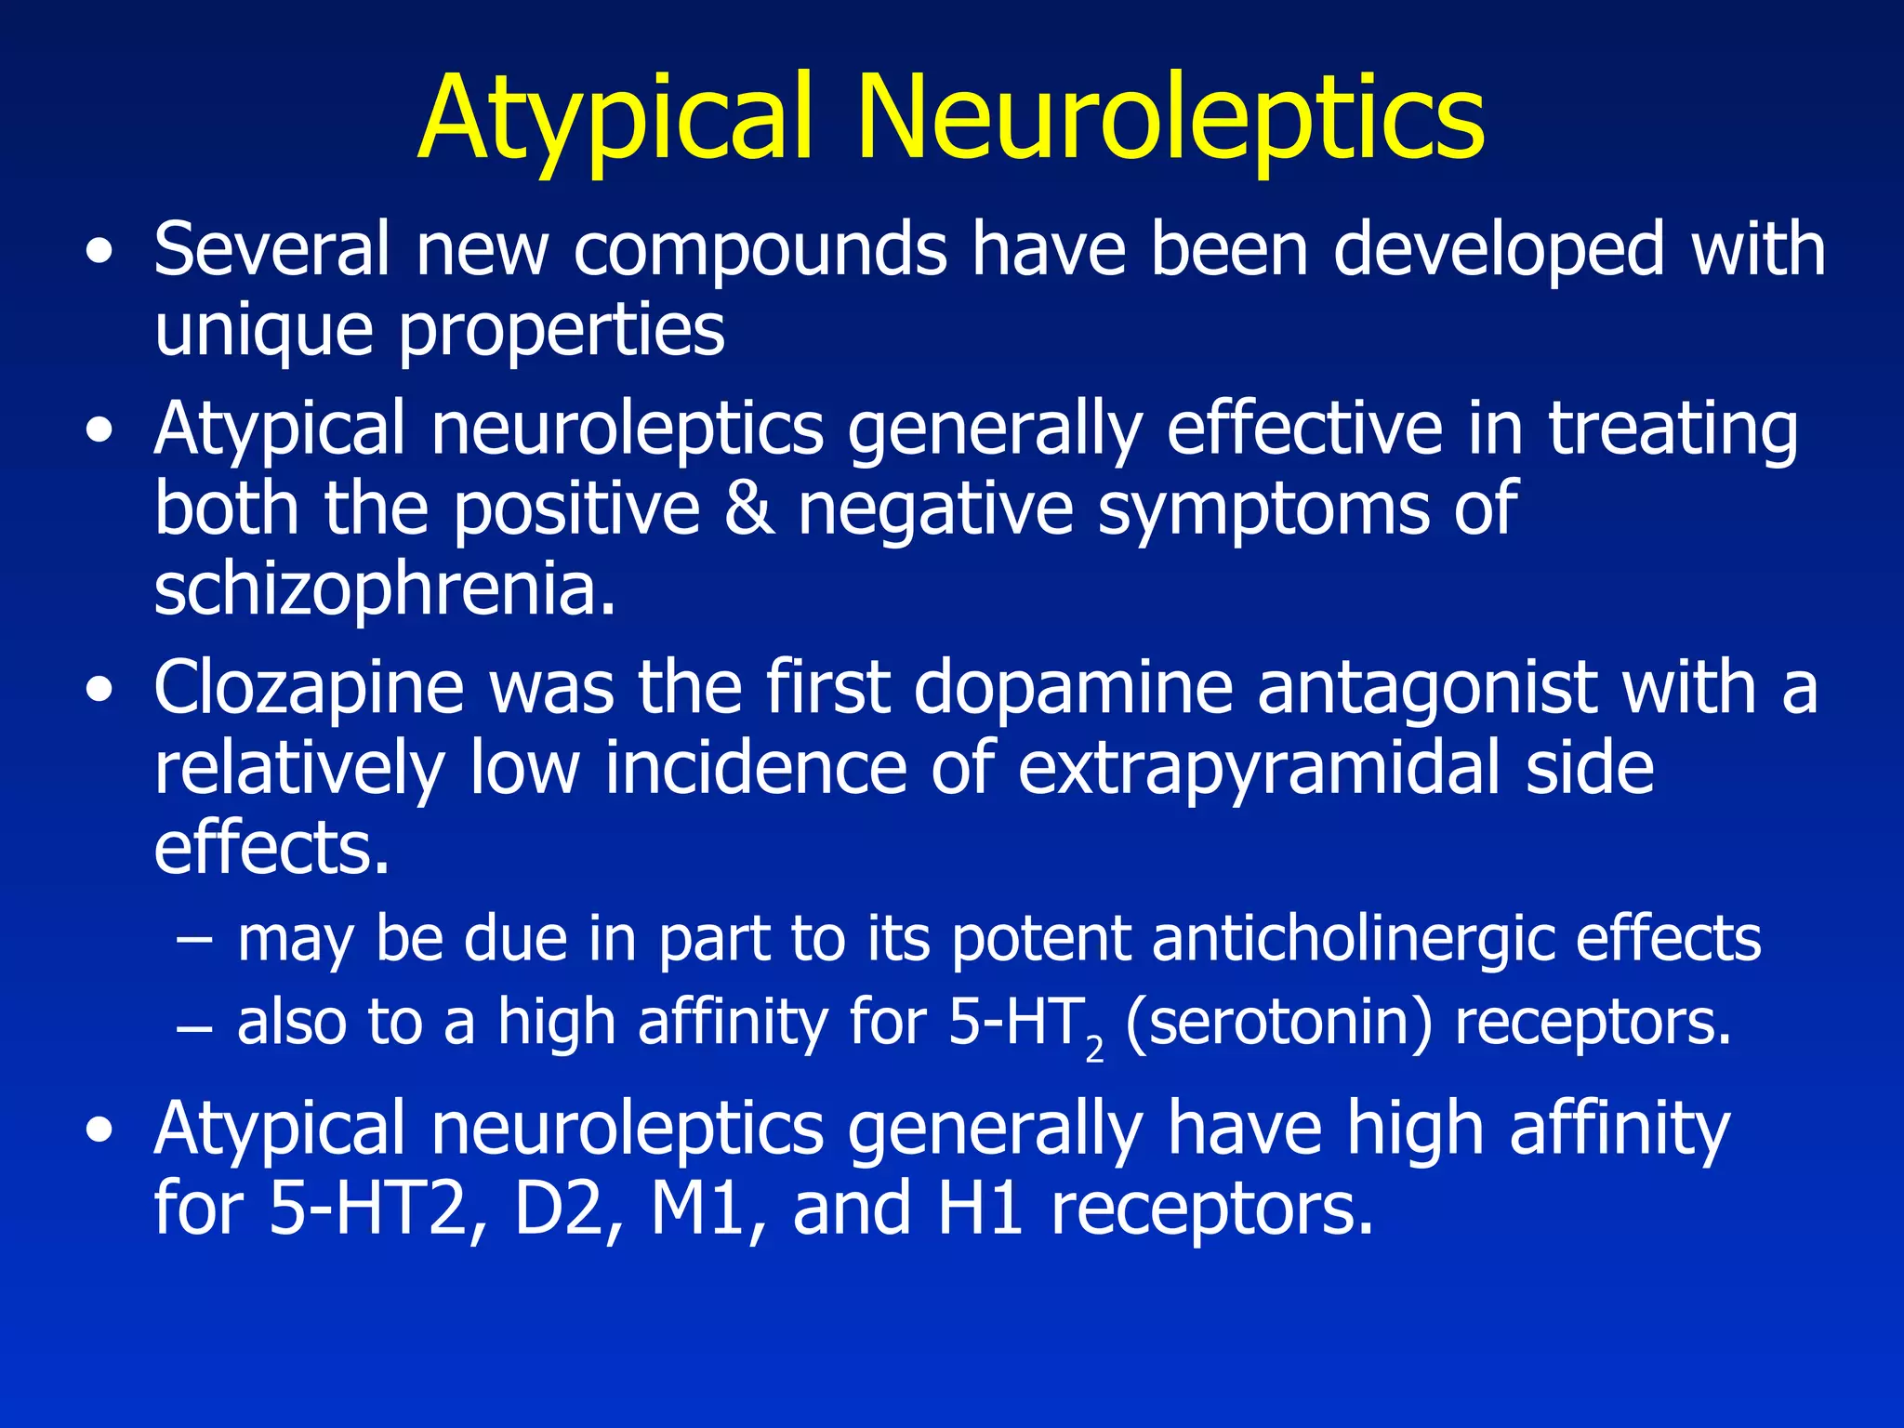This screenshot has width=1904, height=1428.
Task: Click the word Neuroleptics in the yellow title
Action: (x=1170, y=119)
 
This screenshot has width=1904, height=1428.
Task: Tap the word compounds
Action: (x=760, y=251)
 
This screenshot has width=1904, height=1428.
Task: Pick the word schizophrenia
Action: (x=385, y=589)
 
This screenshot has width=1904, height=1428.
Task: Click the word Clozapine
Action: (x=309, y=688)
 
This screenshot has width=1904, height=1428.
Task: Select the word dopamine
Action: (x=1073, y=688)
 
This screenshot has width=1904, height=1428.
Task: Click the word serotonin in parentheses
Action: (x=1278, y=1022)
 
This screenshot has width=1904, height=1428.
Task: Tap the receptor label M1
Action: (x=699, y=1209)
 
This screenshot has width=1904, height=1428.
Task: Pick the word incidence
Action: (x=755, y=768)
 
